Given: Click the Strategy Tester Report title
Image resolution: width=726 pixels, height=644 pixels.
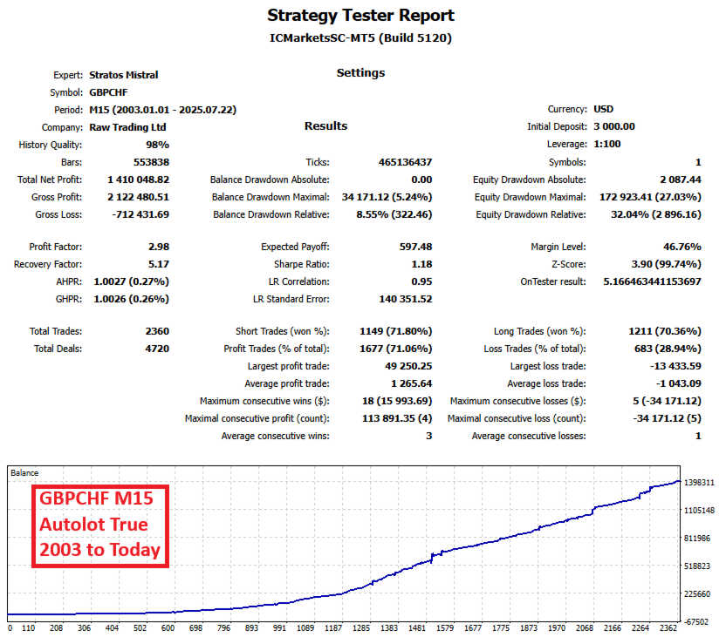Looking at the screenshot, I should coord(360,16).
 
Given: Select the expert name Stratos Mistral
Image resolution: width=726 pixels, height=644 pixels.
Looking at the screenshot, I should coord(124,75).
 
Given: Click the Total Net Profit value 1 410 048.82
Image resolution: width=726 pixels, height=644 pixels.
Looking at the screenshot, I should coord(129,180).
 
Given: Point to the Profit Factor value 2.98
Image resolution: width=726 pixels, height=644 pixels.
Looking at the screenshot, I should coord(158,247).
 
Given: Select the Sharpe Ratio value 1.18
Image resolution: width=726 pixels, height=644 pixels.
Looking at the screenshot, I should coord(421,264).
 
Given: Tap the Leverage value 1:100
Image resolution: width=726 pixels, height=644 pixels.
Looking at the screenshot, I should coord(607,145).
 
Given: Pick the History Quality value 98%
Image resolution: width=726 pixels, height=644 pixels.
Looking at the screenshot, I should coord(157,145).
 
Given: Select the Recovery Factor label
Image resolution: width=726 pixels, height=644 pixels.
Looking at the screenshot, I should coord(49,264).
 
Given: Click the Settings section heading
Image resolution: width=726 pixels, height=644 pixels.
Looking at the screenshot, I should coord(360,73).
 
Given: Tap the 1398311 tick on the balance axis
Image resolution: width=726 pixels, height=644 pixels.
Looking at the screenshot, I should coord(700,482).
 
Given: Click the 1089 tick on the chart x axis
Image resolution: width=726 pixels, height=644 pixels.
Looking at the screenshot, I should coord(305,627).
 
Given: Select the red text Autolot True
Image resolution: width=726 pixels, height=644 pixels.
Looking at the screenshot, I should coord(92,525).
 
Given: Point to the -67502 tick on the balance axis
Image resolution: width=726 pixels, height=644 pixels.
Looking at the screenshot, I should coord(701,622).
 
